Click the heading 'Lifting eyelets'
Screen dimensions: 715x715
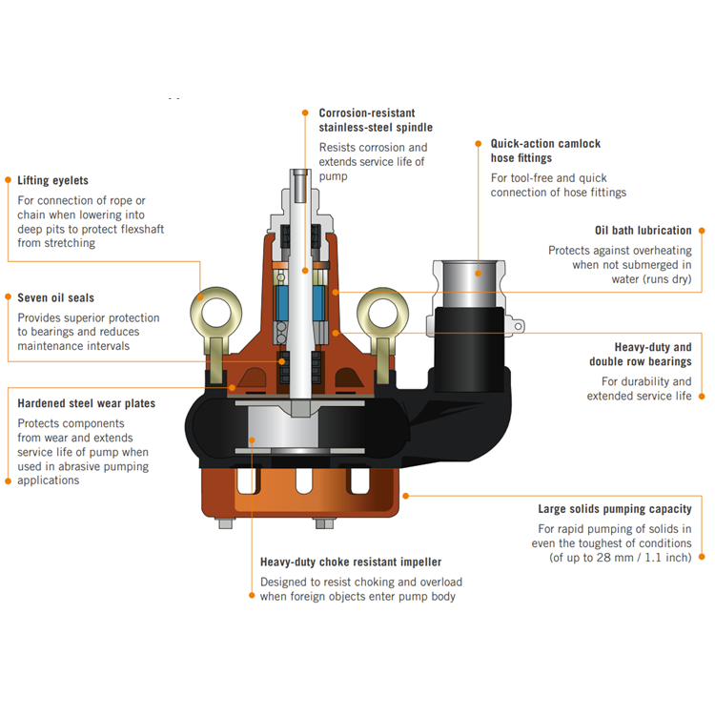tap(52, 180)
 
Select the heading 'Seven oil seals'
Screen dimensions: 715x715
tap(55, 297)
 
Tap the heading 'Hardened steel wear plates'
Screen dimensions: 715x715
tap(86, 403)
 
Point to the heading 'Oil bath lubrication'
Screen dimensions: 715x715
tap(643, 231)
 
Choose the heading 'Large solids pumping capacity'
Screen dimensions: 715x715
tap(615, 509)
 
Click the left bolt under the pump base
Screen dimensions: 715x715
tap(225, 521)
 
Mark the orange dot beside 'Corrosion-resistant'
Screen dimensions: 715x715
tap(306, 112)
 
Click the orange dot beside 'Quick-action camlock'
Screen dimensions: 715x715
tap(479, 144)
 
